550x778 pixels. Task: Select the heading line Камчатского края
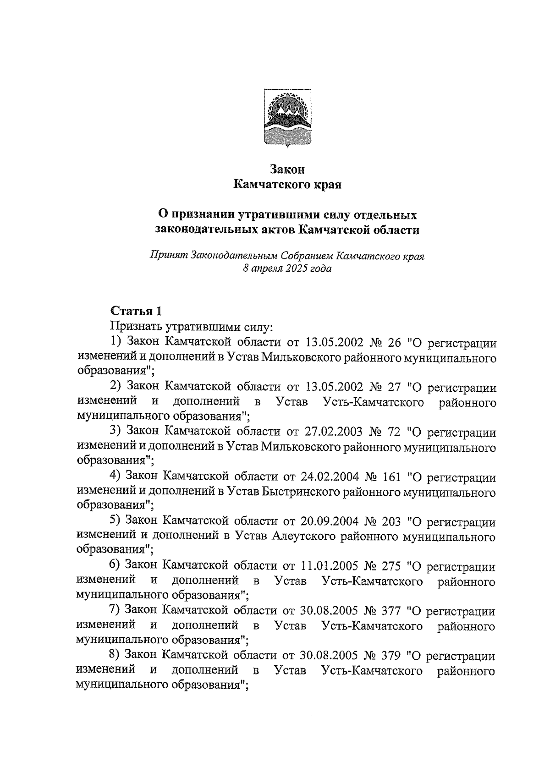point(287,185)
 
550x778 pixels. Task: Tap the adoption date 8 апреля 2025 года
point(287,269)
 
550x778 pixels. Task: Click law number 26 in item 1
point(394,343)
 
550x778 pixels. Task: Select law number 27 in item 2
point(394,388)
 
